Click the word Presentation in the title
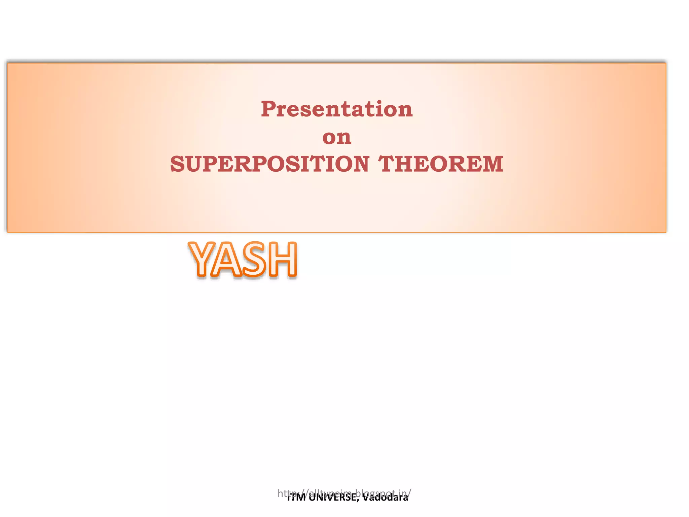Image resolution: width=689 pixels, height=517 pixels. click(336, 109)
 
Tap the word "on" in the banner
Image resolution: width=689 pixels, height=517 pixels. click(337, 137)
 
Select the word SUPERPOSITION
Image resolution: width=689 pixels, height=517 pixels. click(269, 164)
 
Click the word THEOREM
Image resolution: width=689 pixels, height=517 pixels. click(441, 164)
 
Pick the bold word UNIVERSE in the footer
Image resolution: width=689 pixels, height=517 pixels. click(331, 497)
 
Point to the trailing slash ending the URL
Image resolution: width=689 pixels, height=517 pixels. click(409, 493)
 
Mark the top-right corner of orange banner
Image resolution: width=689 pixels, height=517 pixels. click(666, 63)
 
